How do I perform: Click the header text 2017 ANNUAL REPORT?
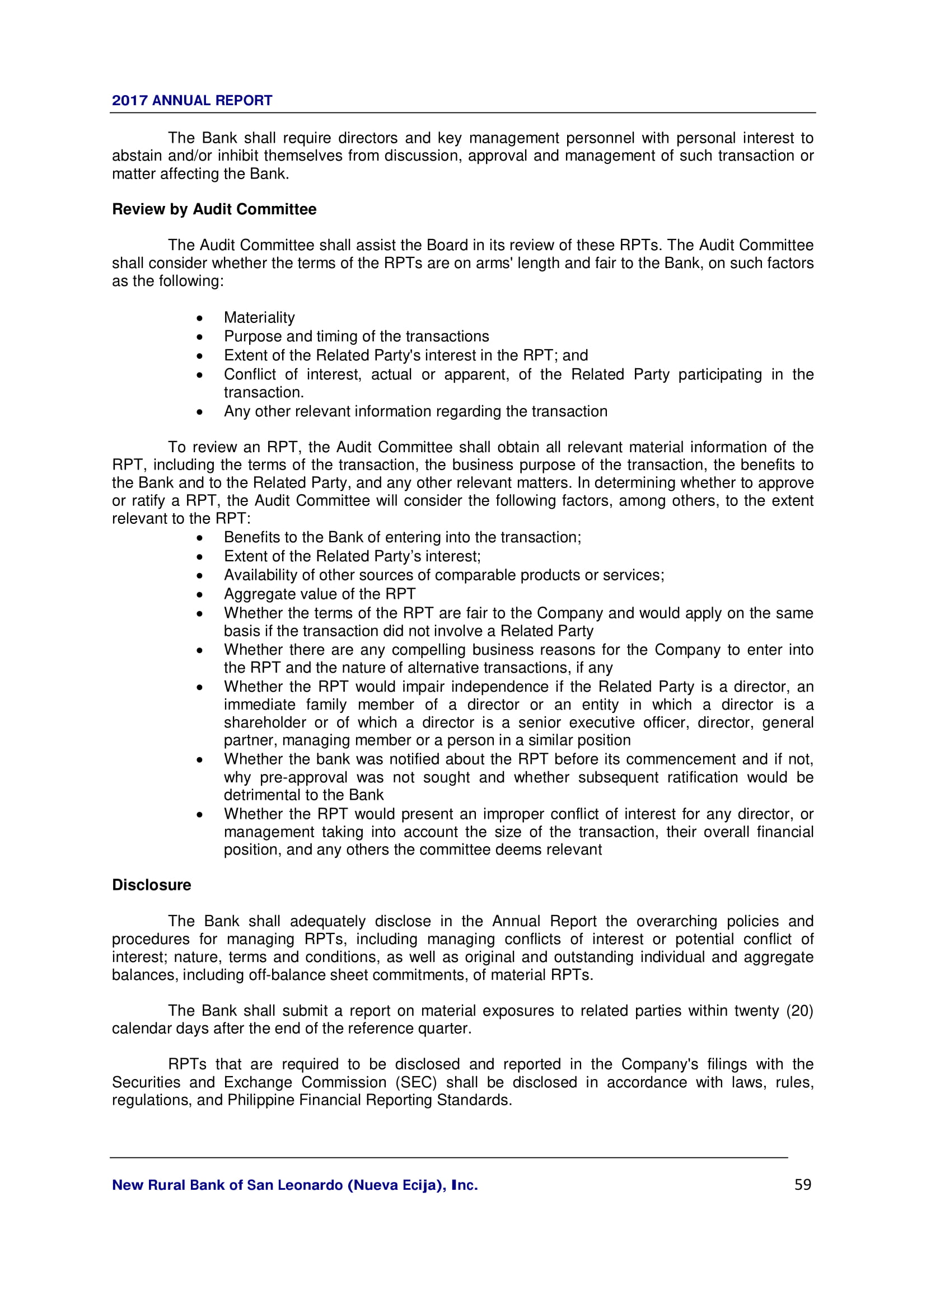click(191, 100)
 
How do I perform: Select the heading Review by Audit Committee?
click(214, 209)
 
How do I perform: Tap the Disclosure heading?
click(151, 885)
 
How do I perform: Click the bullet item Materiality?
click(259, 317)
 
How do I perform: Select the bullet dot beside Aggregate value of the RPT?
click(199, 595)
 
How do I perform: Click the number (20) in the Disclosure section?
click(799, 1011)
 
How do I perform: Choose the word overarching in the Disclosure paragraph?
click(677, 921)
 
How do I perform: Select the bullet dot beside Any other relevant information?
click(199, 412)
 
